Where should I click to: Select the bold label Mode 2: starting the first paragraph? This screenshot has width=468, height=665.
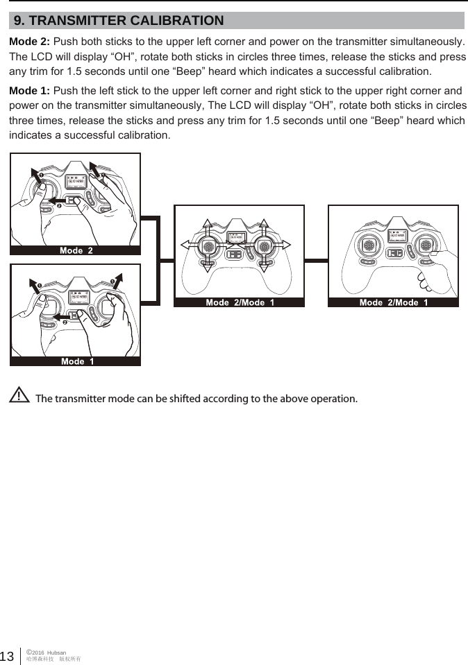[29, 42]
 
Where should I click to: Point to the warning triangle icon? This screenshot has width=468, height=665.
[20, 397]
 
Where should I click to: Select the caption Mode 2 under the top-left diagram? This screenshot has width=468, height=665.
[76, 250]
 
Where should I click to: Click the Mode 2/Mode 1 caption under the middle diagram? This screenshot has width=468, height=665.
[240, 302]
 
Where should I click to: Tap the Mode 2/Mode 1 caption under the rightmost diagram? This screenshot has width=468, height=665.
[393, 302]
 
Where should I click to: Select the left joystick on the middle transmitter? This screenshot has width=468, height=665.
[208, 246]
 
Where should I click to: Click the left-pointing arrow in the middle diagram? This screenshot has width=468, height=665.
[188, 246]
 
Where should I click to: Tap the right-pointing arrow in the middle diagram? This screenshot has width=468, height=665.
[286, 246]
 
